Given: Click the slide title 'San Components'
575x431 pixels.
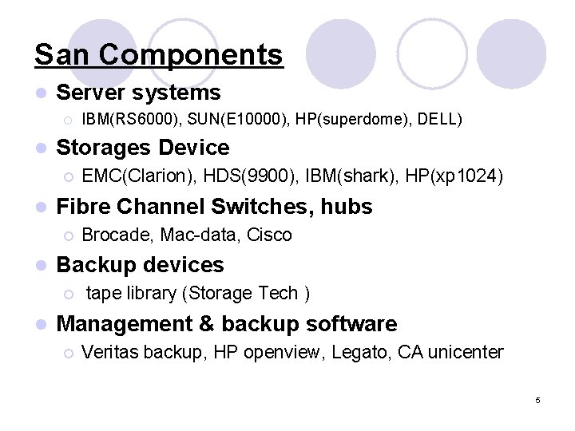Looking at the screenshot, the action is coord(159,55).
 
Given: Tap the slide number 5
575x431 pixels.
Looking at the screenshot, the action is coord(537,400).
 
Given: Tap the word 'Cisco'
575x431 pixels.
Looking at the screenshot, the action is coord(270,235).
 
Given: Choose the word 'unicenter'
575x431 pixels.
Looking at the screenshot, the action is coord(467,352).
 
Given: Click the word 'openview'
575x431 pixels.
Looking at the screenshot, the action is coord(277,352).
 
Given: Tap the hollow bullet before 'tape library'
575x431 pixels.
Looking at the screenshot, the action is coord(69,294).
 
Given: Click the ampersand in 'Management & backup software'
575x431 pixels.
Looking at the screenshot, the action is coord(206,324).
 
